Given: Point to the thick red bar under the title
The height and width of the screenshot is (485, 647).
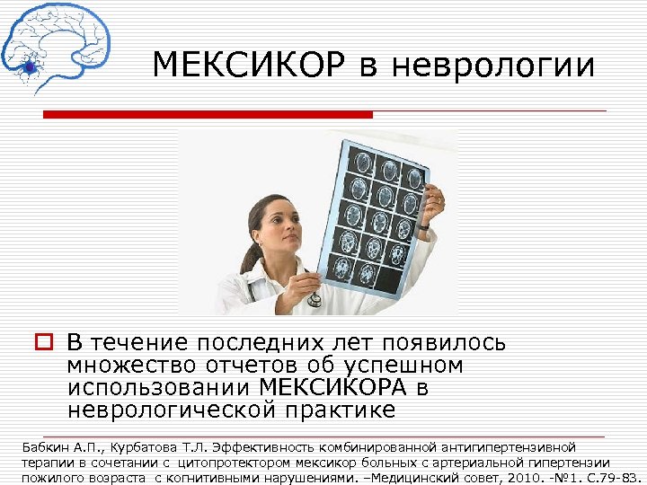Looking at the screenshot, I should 208,115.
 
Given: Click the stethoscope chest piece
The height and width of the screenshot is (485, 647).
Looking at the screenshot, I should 314,300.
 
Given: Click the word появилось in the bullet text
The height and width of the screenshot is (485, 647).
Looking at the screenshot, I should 444,343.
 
